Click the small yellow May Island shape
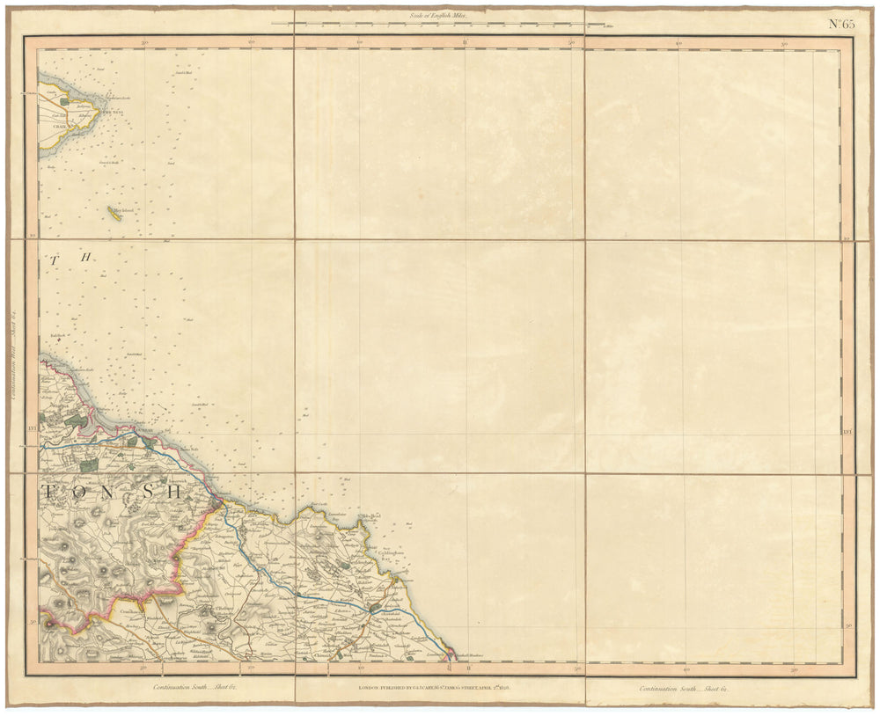pyautogui.click(x=112, y=210)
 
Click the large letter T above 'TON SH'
pyautogui.click(x=55, y=260)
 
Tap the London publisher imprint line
pyautogui.click(x=439, y=690)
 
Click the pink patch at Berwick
pyautogui.click(x=451, y=654)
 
